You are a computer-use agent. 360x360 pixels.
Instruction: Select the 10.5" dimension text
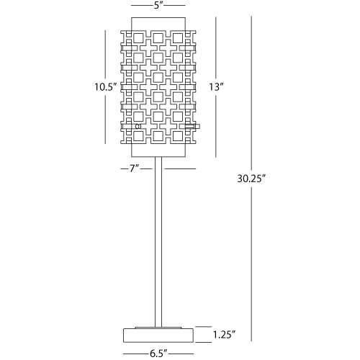click(105, 87)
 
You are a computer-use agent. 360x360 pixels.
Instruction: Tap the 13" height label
click(216, 87)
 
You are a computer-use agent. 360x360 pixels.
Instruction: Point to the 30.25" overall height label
click(251, 179)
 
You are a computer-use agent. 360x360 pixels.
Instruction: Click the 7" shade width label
click(134, 169)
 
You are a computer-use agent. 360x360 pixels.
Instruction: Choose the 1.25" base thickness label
click(224, 334)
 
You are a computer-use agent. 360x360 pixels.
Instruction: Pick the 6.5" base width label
click(158, 354)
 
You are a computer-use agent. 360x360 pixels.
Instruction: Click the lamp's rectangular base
click(158, 336)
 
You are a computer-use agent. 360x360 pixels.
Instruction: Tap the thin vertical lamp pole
click(158, 242)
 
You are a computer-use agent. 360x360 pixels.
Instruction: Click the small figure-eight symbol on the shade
click(138, 126)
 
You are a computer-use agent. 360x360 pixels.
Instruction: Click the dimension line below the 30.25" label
click(251, 264)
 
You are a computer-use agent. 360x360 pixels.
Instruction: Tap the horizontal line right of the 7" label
click(180, 169)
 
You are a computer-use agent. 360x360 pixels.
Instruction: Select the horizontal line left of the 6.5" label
click(135, 354)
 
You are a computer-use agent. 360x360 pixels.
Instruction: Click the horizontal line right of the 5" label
click(174, 5)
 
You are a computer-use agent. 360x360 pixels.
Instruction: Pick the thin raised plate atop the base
click(158, 328)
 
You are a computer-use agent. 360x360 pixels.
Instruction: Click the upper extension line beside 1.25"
click(203, 327)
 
